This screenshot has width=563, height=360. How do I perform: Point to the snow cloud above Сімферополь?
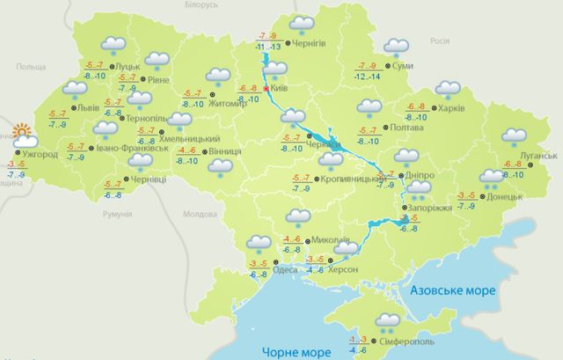click(386, 320)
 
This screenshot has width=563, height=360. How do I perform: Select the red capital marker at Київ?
click(265, 89)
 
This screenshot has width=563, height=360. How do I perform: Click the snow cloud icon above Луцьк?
click(112, 44)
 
